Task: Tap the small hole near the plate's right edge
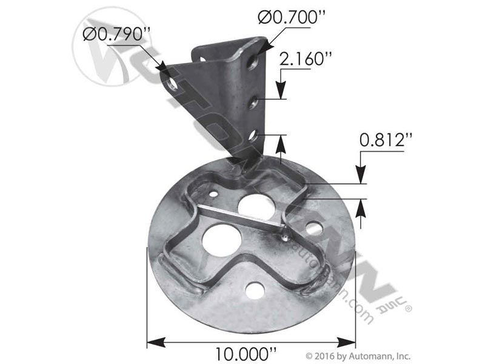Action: (x=313, y=229)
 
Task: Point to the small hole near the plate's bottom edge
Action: (x=255, y=291)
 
